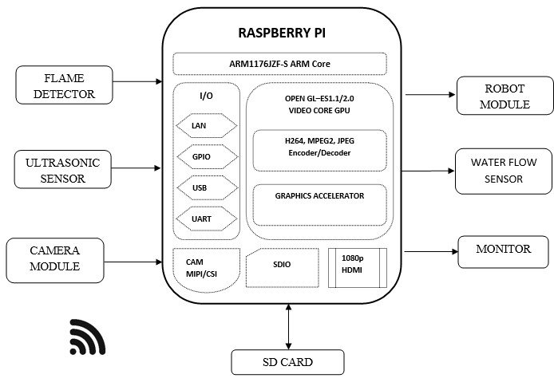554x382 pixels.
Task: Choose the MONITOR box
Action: coord(503,250)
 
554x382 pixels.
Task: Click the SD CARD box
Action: coord(287,362)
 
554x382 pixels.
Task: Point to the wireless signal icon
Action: coord(87,337)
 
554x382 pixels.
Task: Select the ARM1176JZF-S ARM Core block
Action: coord(279,63)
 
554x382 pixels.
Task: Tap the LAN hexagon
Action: coord(206,125)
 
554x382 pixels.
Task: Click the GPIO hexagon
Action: coord(206,157)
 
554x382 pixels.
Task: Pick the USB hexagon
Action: coord(206,187)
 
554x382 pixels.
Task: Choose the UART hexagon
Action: coord(206,218)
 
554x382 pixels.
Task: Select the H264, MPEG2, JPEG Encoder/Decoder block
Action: coord(319,150)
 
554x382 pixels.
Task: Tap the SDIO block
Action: coord(280,267)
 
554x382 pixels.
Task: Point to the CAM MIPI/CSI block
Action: coord(204,268)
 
